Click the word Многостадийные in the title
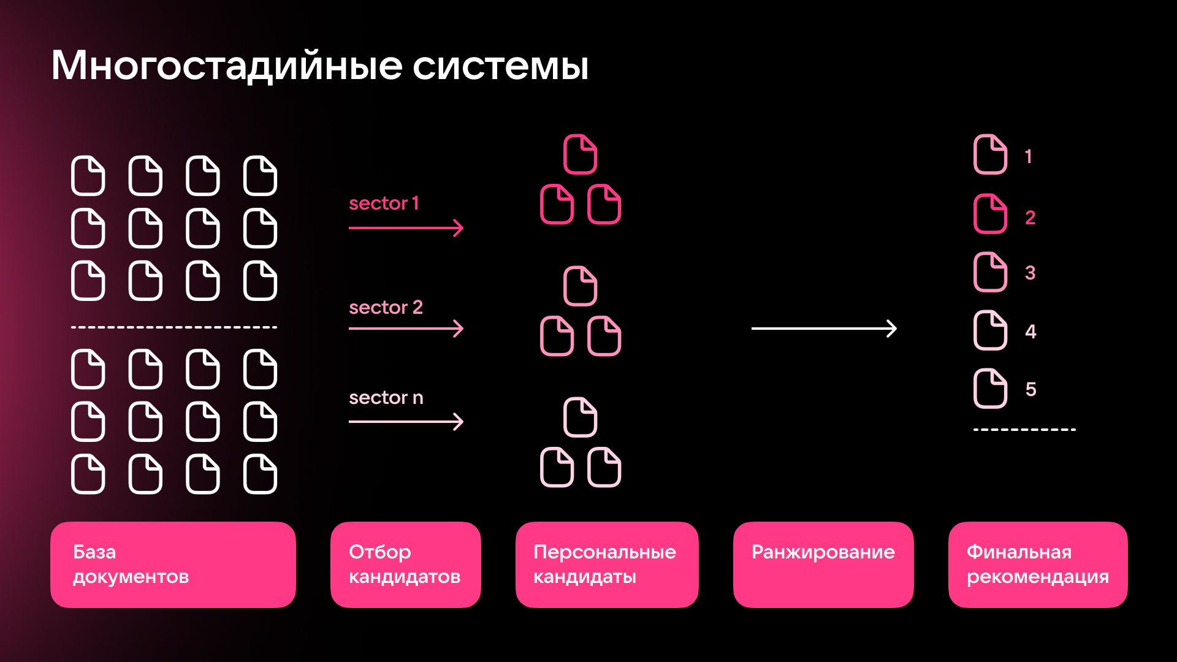[226, 66]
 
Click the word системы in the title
[500, 66]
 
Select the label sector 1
[384, 204]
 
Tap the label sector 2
[386, 307]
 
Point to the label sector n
[386, 398]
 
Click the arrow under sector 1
[406, 228]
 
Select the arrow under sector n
[406, 422]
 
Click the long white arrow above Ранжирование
[824, 329]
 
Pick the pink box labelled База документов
[173, 565]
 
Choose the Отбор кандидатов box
[405, 565]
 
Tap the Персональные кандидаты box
[606, 565]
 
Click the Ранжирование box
[823, 565]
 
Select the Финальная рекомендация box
[1037, 565]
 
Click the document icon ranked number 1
[990, 154]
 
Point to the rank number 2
[1030, 218]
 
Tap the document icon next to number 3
[990, 272]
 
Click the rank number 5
[1030, 389]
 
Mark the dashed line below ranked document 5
[1024, 430]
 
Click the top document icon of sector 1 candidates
[580, 154]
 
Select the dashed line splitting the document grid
[174, 327]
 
